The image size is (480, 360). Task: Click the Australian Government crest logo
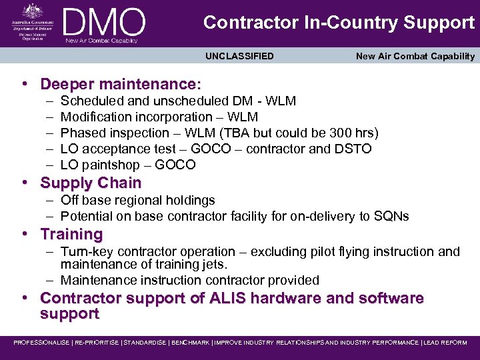coord(31,12)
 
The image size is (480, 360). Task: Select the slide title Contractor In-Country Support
coord(339,23)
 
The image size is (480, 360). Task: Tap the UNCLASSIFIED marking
coord(239,56)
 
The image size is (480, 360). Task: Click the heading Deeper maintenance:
coord(120,84)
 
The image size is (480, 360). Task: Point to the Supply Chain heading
coord(91,183)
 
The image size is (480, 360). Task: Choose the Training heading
coord(71,234)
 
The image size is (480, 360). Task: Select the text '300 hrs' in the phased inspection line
coord(353,133)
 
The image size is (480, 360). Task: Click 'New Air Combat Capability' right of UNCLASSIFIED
coord(415,56)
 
